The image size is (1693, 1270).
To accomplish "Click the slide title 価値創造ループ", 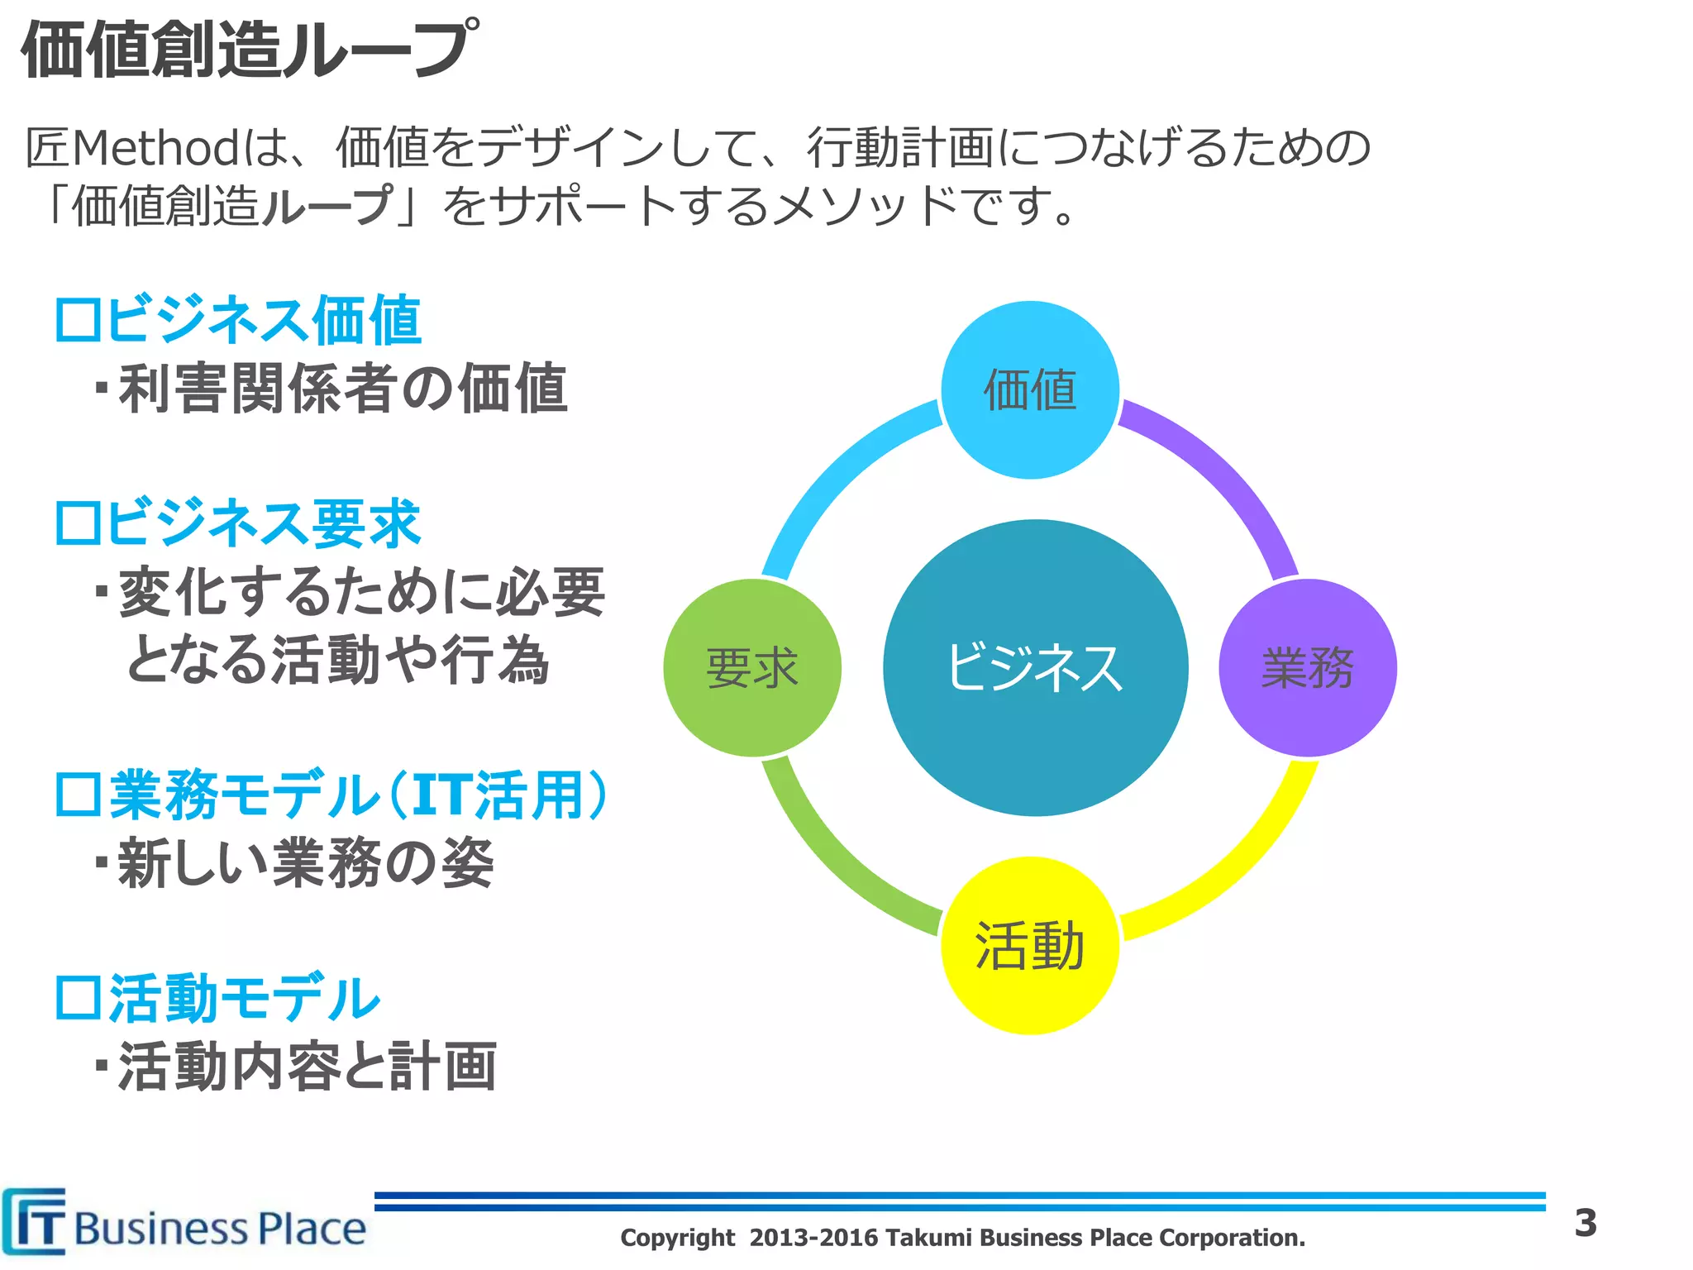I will (x=248, y=50).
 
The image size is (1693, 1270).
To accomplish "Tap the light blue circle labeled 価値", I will (x=1030, y=389).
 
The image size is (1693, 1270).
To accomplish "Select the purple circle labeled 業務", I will (x=1308, y=667).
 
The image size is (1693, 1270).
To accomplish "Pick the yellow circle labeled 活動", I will (x=1030, y=945).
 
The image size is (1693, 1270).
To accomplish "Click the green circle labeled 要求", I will (x=752, y=667).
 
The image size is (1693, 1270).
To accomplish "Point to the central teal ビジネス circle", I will (x=1035, y=667).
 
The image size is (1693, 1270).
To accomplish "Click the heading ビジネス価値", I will (x=238, y=320).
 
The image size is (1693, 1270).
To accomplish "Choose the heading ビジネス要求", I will (x=238, y=523).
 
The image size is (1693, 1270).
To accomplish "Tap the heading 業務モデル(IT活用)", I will (x=331, y=795).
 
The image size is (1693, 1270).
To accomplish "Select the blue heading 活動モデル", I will (x=217, y=998).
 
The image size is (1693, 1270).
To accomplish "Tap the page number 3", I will (x=1585, y=1223).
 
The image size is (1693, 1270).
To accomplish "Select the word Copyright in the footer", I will (x=677, y=1238).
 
